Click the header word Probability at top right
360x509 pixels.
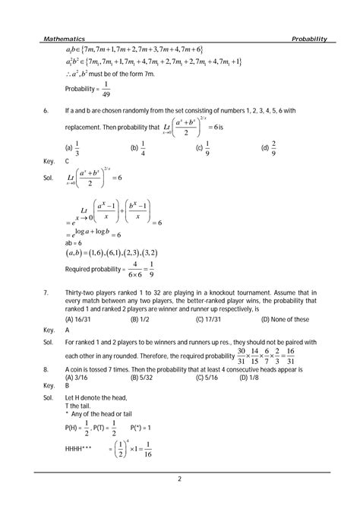coord(308,38)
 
